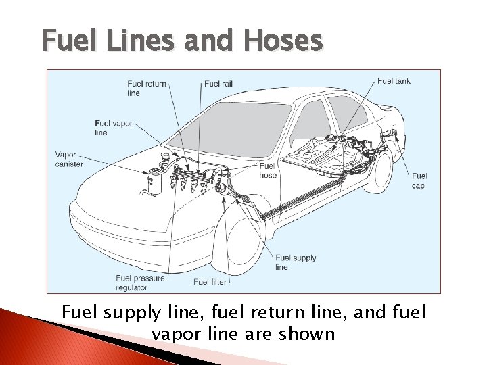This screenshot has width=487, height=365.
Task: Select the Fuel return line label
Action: pyautogui.click(x=146, y=88)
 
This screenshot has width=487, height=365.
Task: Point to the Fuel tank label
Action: pyautogui.click(x=394, y=81)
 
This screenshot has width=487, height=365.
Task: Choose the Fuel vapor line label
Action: pyautogui.click(x=114, y=128)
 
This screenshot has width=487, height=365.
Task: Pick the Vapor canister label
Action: pyautogui.click(x=70, y=159)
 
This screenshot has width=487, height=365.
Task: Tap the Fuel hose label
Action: pyautogui.click(x=268, y=170)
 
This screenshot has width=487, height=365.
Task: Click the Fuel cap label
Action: pyautogui.click(x=419, y=180)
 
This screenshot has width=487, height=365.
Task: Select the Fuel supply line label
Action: pyautogui.click(x=296, y=262)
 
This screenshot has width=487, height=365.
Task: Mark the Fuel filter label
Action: pyautogui.click(x=210, y=282)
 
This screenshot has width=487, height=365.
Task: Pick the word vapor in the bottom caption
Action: pyautogui.click(x=177, y=333)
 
